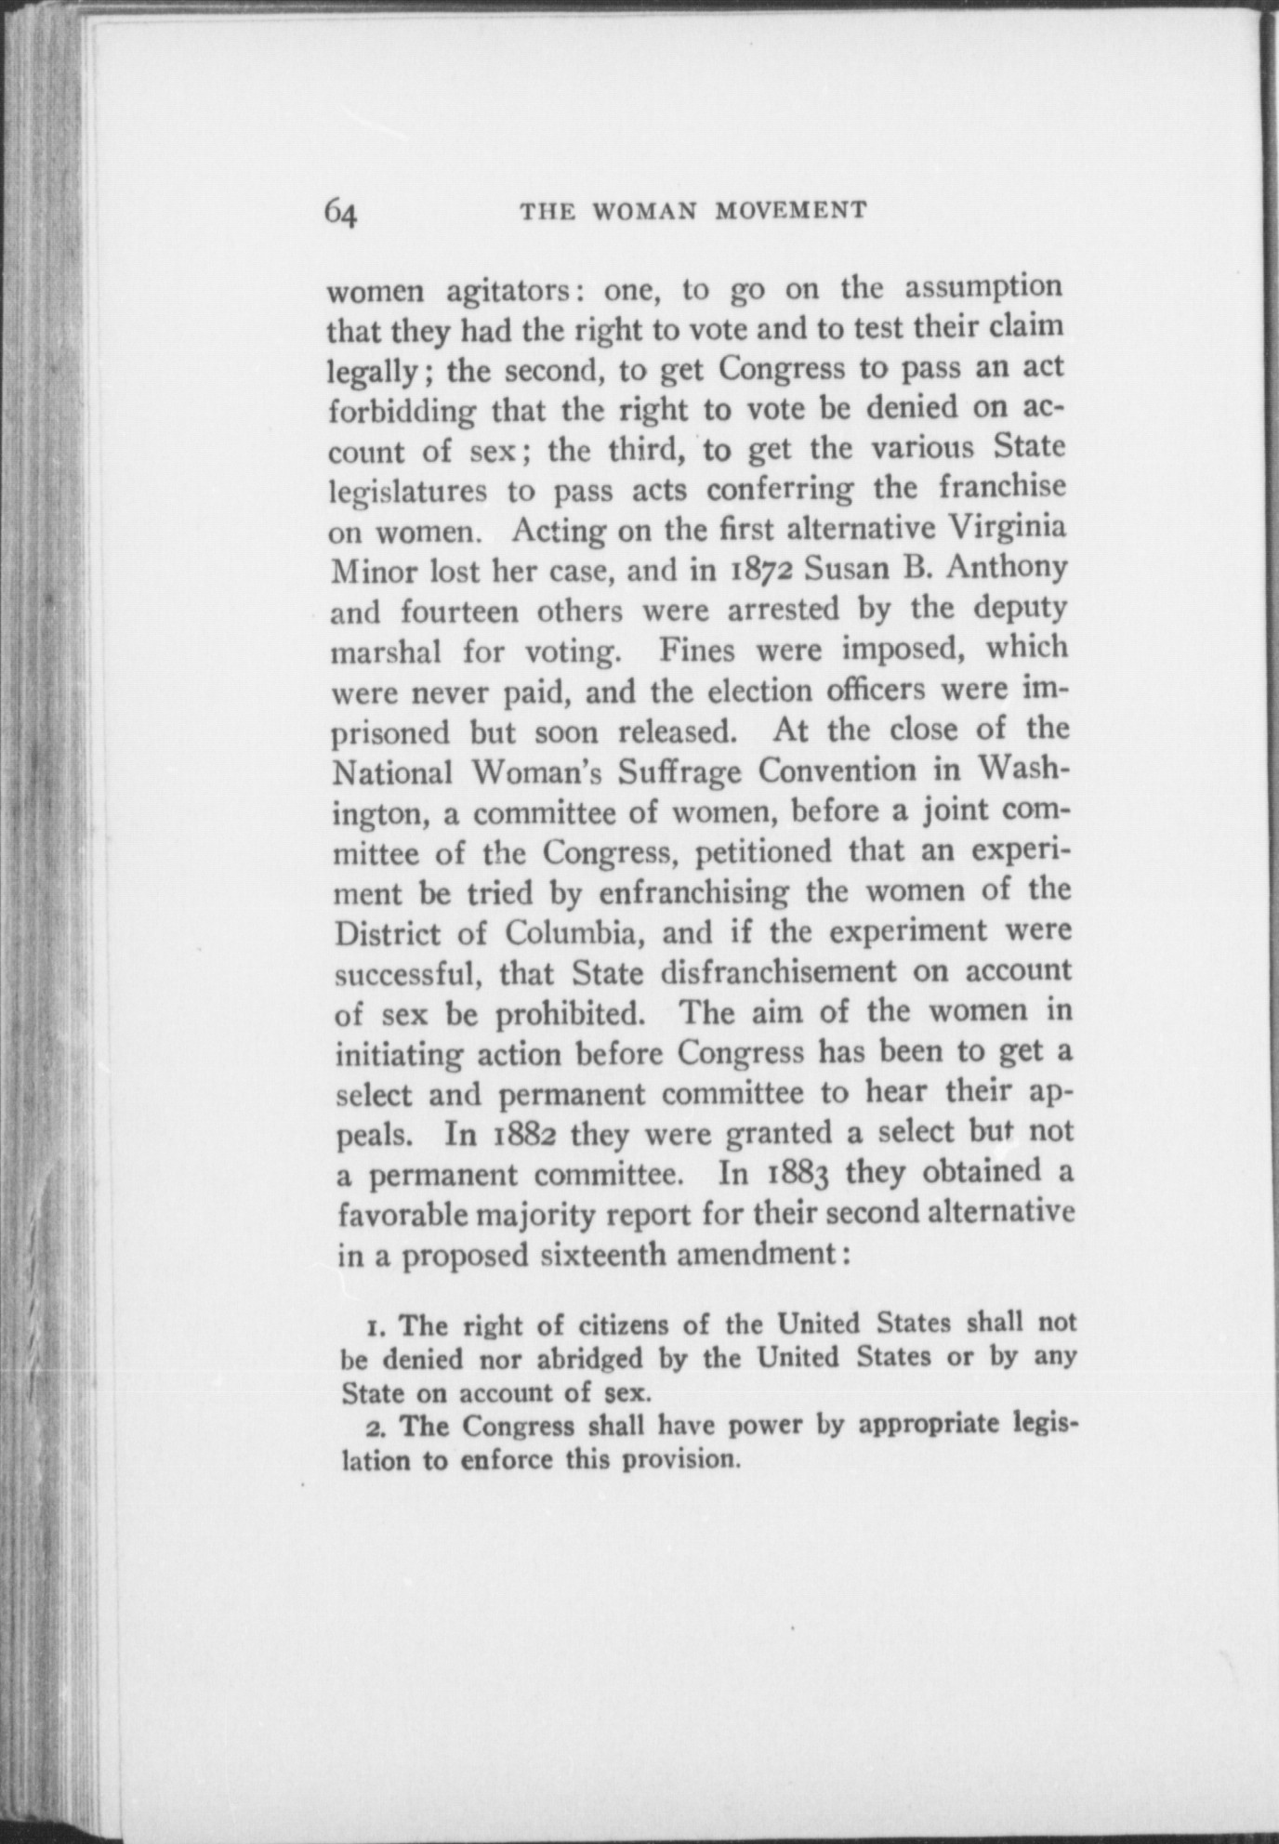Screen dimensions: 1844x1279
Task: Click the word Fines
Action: click(x=696, y=651)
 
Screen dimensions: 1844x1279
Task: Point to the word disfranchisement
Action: click(x=776, y=973)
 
